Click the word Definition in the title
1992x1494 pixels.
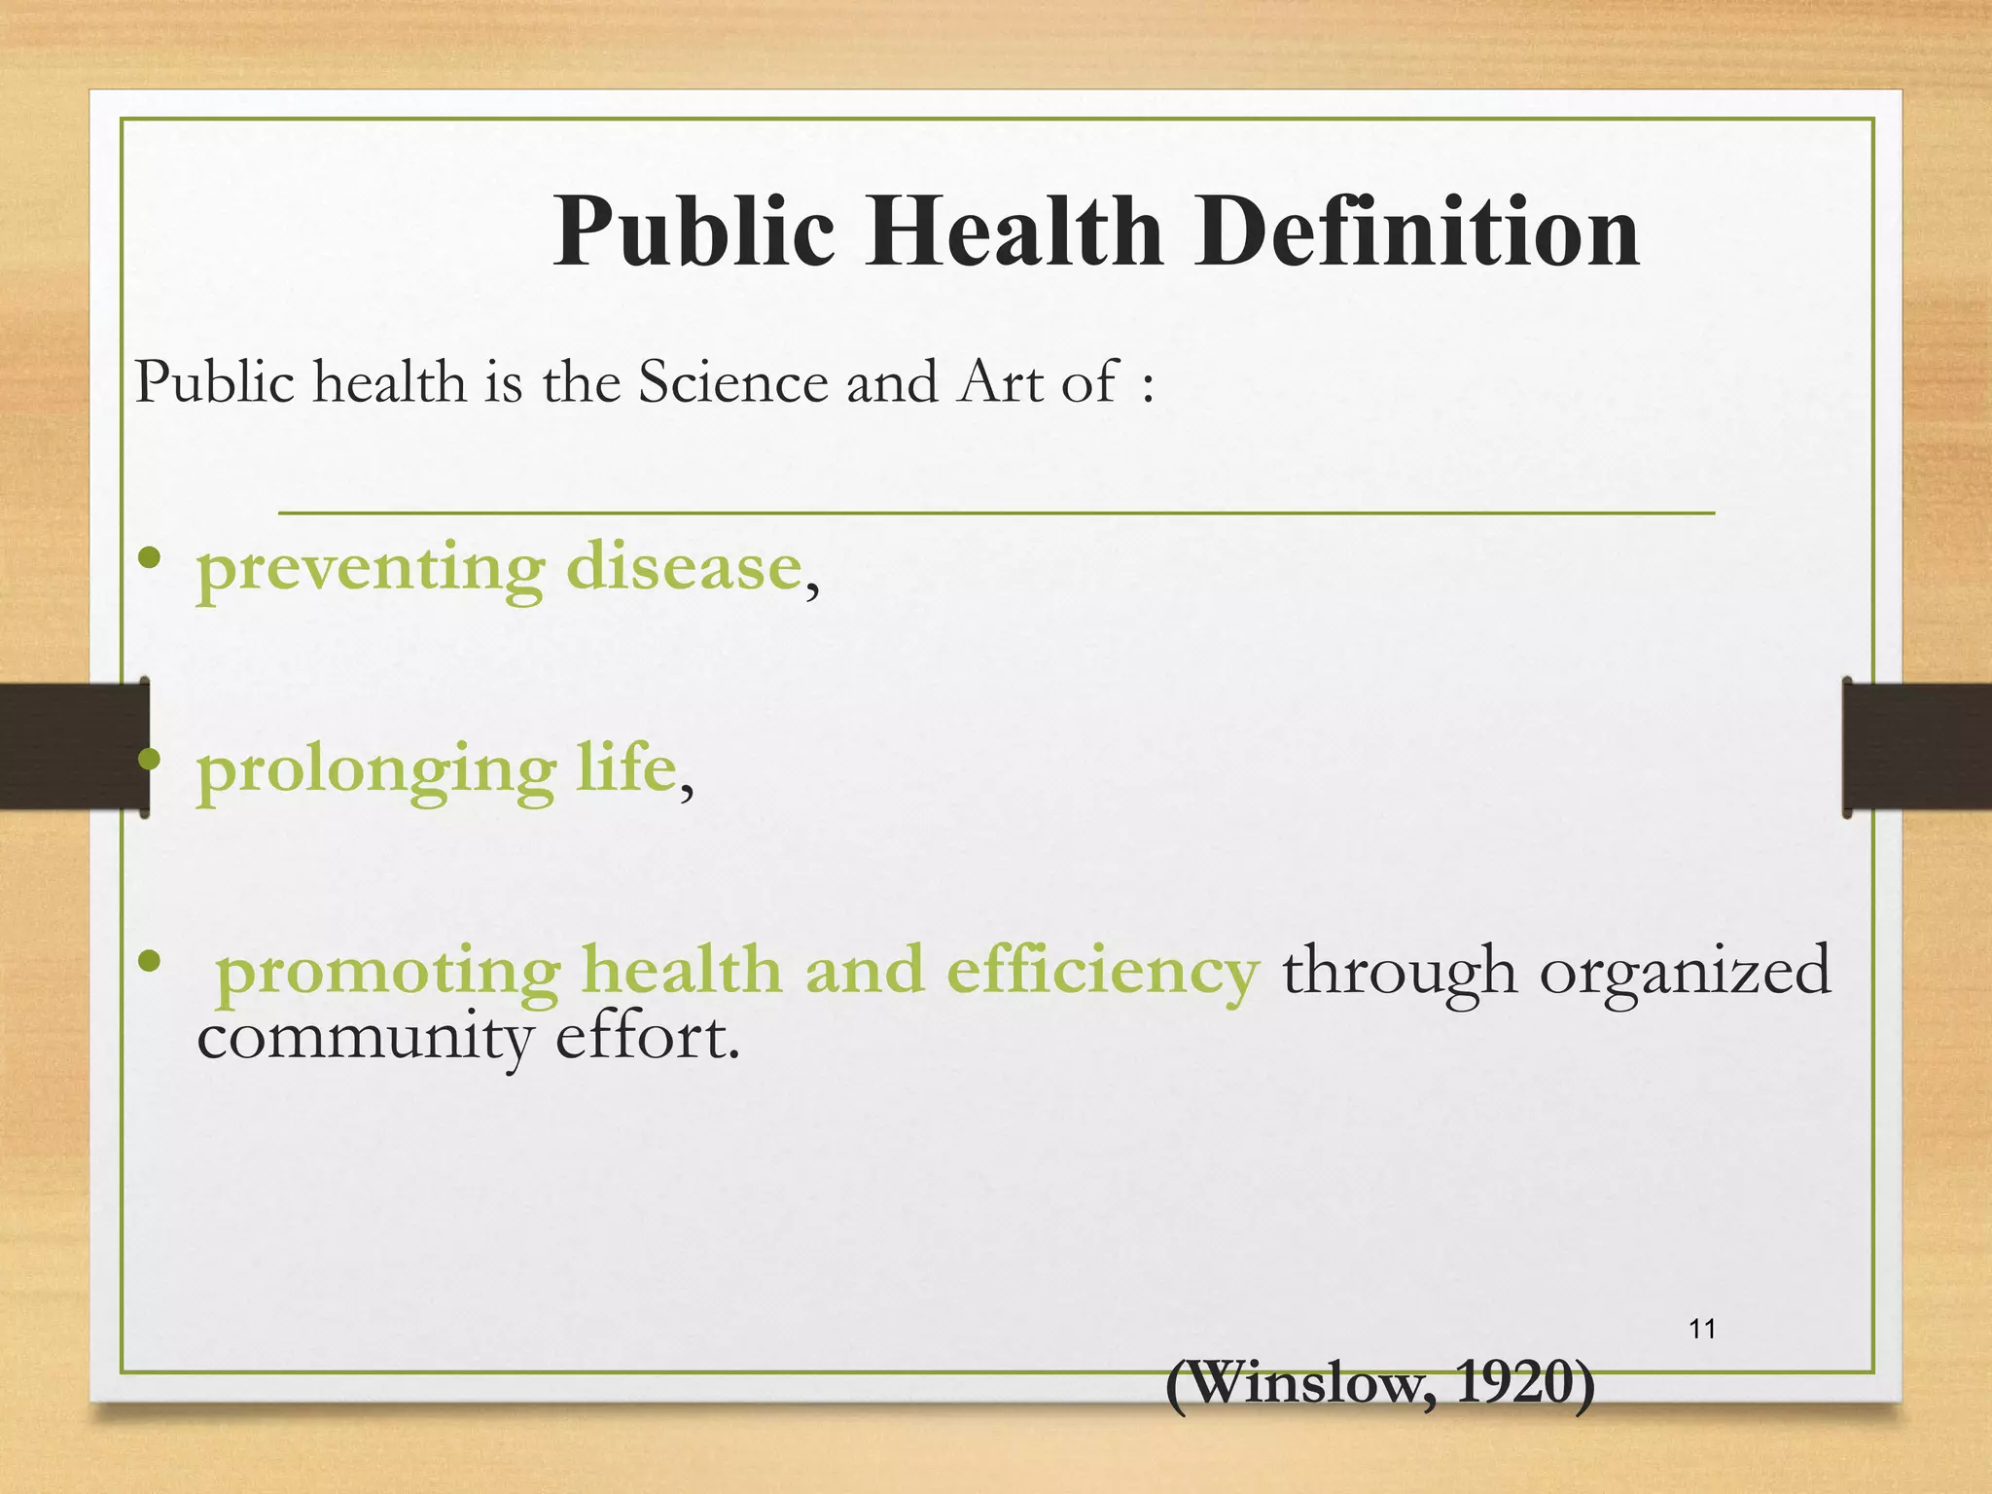click(1417, 231)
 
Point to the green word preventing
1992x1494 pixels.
click(371, 570)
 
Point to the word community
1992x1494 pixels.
click(365, 1039)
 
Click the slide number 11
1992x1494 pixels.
click(1702, 1329)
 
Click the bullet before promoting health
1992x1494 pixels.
click(149, 962)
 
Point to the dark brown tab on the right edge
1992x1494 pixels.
click(1916, 746)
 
